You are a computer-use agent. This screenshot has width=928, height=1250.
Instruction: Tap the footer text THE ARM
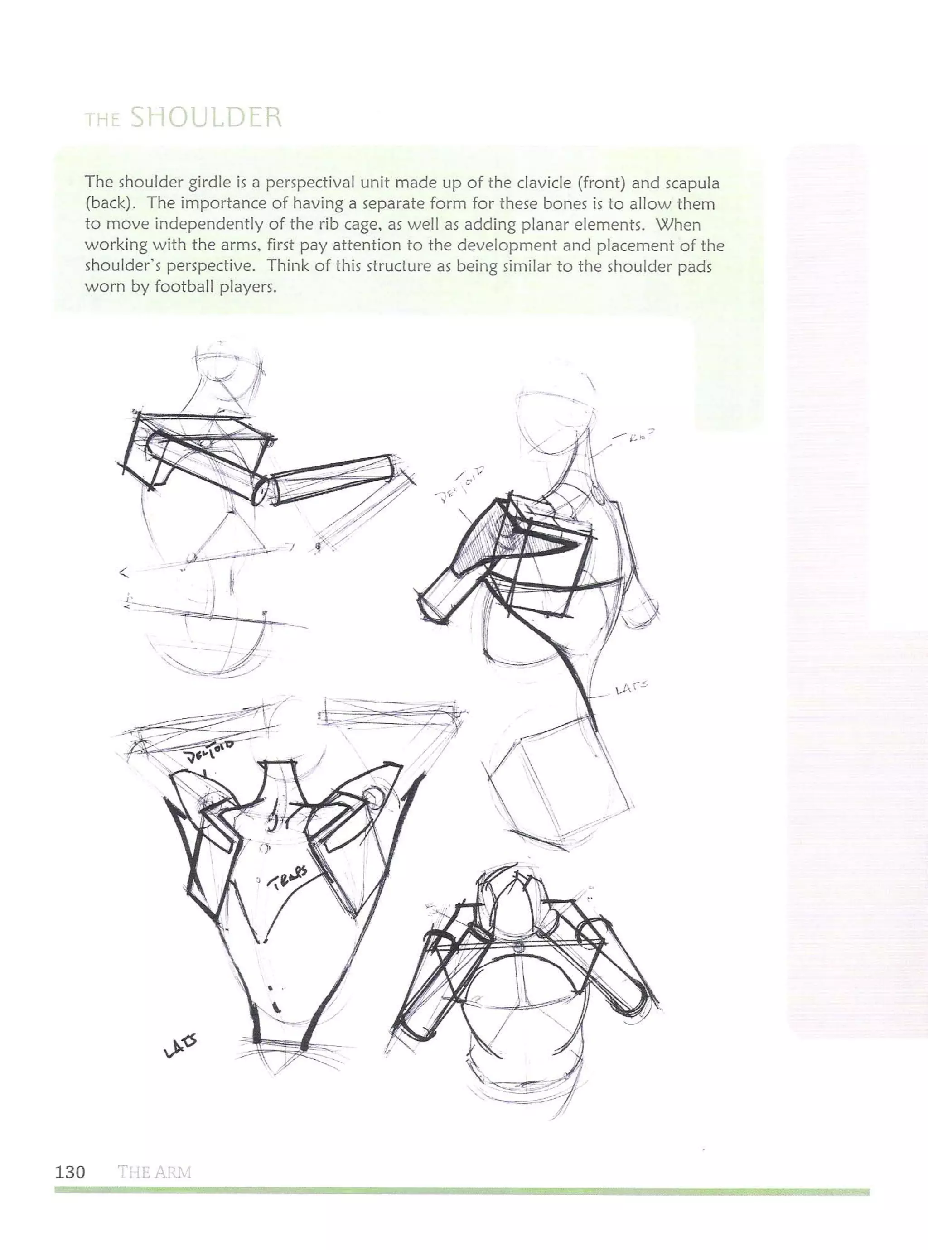click(155, 1172)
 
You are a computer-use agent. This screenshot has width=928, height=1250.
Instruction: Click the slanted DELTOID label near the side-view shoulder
click(459, 486)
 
